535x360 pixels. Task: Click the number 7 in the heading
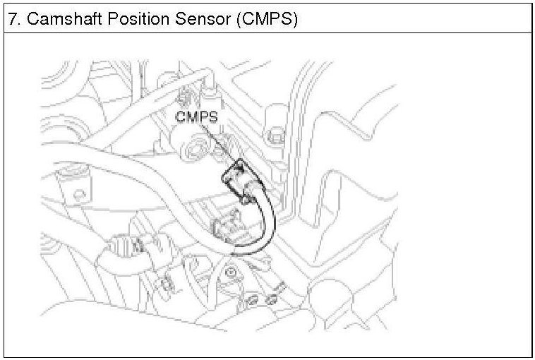12,19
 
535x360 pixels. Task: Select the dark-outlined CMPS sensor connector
240,181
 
